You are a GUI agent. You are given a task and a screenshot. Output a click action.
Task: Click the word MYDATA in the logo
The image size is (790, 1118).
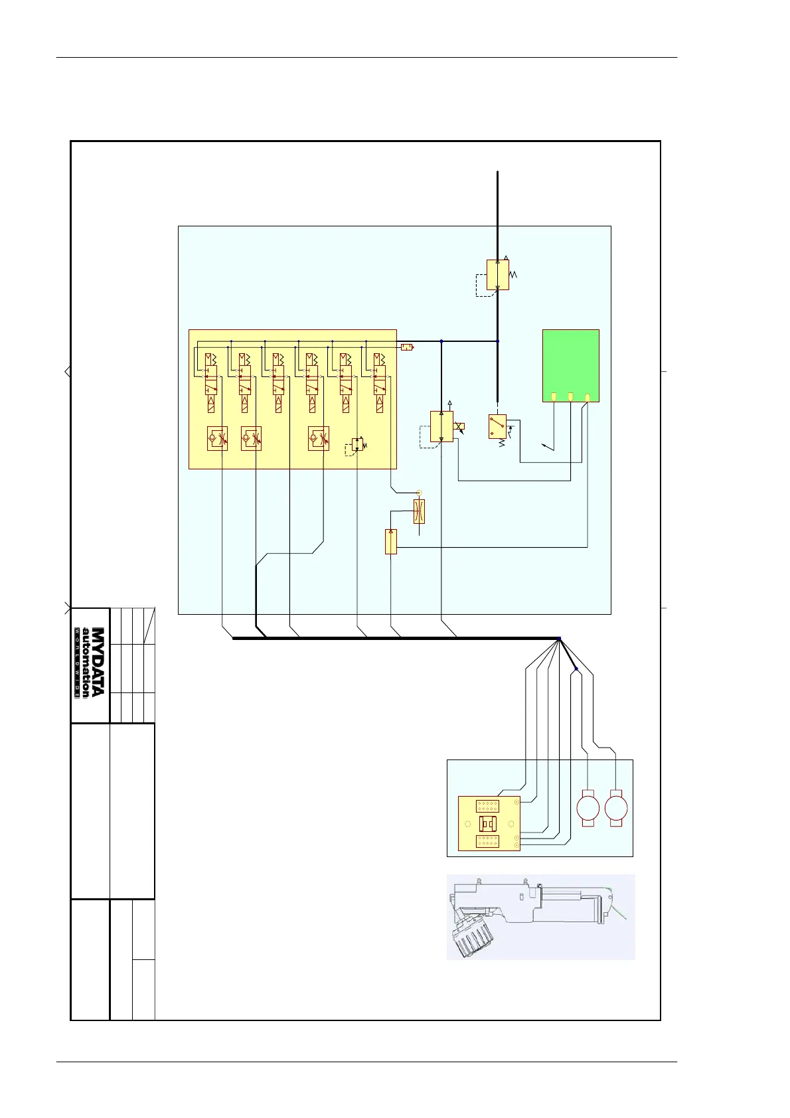[x=98, y=662]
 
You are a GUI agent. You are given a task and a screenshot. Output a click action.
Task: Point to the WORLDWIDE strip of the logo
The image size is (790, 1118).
[x=77, y=662]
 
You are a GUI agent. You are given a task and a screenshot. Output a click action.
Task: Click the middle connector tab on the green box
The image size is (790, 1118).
[x=571, y=397]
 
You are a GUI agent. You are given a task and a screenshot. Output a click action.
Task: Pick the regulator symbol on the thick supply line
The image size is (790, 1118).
[x=498, y=274]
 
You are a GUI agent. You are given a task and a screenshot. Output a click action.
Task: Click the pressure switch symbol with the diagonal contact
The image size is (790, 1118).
[x=497, y=426]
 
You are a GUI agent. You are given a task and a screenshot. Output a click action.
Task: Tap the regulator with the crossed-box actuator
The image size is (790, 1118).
[x=441, y=426]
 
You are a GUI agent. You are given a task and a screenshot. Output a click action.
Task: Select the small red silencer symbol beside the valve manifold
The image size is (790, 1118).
[x=407, y=347]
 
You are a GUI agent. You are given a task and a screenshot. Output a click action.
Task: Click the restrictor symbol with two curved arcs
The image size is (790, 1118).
[x=419, y=511]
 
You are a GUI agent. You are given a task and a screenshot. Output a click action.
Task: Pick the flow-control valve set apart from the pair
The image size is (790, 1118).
[x=319, y=439]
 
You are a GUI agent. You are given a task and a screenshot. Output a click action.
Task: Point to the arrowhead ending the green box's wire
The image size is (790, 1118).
[x=544, y=447]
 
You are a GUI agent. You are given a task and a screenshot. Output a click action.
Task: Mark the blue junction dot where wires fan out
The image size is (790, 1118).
[x=559, y=639]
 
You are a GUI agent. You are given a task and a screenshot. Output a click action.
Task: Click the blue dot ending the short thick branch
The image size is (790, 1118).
[x=576, y=669]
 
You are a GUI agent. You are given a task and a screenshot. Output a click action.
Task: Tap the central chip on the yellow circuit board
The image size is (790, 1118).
[x=488, y=824]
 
